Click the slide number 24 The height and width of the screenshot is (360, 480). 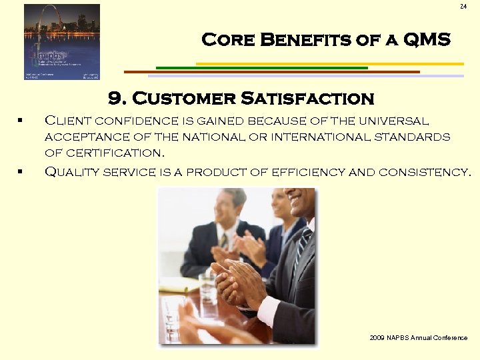point(463,7)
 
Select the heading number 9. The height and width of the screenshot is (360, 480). point(117,99)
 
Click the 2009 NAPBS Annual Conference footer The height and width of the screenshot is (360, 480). point(418,338)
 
